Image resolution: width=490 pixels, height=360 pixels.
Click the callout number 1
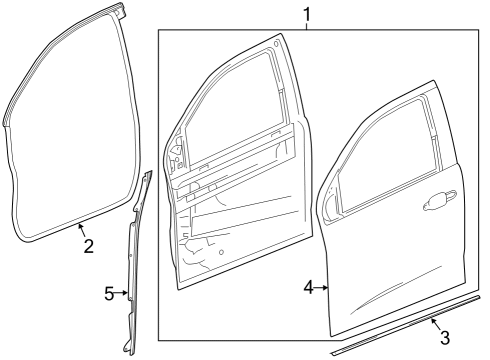coord(307,14)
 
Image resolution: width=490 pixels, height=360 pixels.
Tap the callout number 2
coord(88,246)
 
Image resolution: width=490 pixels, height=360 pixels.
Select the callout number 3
coord(445,338)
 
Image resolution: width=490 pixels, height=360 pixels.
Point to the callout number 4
coord(308,288)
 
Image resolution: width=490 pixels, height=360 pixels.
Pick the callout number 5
coord(109,293)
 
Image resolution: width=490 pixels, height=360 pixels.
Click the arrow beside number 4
coord(325,288)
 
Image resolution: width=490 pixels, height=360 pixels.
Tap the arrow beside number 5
coord(125,293)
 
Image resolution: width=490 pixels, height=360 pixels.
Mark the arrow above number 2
coord(80,230)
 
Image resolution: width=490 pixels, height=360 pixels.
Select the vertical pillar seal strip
coord(133,260)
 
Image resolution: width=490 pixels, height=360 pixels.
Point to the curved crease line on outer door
coord(400,300)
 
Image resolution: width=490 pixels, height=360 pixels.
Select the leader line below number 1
coord(307,27)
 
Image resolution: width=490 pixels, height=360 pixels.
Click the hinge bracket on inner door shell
coord(177,155)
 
